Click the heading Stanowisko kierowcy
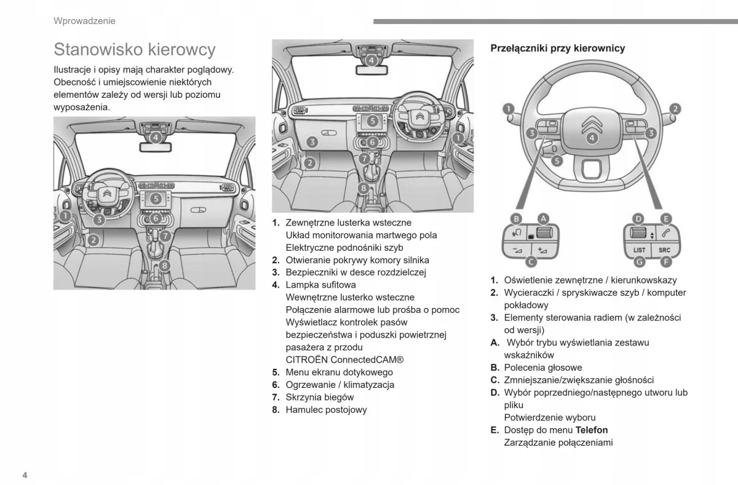tap(134, 49)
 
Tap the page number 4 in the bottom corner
tap(25, 475)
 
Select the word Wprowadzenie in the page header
tap(84, 21)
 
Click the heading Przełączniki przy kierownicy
tap(557, 49)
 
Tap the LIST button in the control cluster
tap(639, 250)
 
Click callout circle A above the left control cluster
tap(543, 218)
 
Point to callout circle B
tap(517, 218)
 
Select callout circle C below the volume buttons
tap(531, 262)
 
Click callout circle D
tap(638, 218)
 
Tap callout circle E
tap(666, 218)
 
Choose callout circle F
tap(665, 262)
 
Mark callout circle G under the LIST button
tap(639, 262)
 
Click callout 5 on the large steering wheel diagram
tap(556, 161)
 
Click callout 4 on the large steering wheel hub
tap(592, 138)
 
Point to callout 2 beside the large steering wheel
tap(675, 109)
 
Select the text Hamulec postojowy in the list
tap(326, 410)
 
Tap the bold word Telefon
tap(592, 430)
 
